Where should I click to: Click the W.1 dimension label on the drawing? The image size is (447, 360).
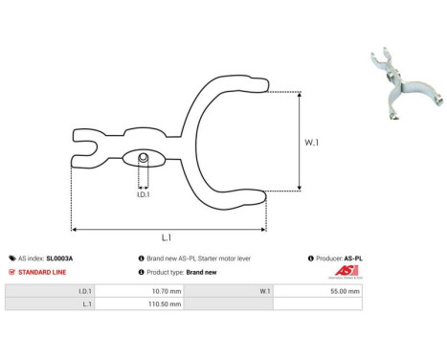313,143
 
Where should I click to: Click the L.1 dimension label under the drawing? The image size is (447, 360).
167,237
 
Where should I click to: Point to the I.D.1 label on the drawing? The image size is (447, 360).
143,193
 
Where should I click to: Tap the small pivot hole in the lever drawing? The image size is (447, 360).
143,157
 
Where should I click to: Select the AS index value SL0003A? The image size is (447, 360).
59,259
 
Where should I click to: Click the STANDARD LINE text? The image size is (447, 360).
40,272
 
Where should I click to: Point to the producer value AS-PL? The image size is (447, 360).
353,259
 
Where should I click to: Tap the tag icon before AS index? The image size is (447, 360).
11,259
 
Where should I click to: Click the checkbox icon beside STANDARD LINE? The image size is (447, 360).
11,272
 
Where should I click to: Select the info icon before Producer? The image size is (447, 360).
310,259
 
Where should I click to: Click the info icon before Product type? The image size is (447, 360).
142,272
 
